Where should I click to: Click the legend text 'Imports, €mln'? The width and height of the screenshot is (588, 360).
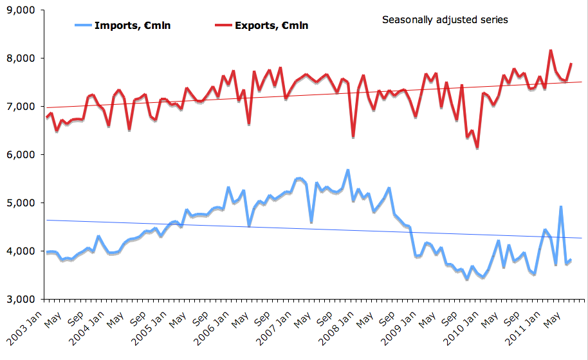pos(132,26)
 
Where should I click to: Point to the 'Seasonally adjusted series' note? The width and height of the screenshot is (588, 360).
pos(445,20)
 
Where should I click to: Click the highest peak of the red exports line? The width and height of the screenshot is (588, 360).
pos(551,50)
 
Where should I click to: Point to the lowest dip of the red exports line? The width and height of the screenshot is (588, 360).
pos(477,148)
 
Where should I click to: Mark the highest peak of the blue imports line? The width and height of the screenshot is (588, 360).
pos(347,170)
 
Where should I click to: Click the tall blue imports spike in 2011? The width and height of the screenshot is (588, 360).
pos(561,207)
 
